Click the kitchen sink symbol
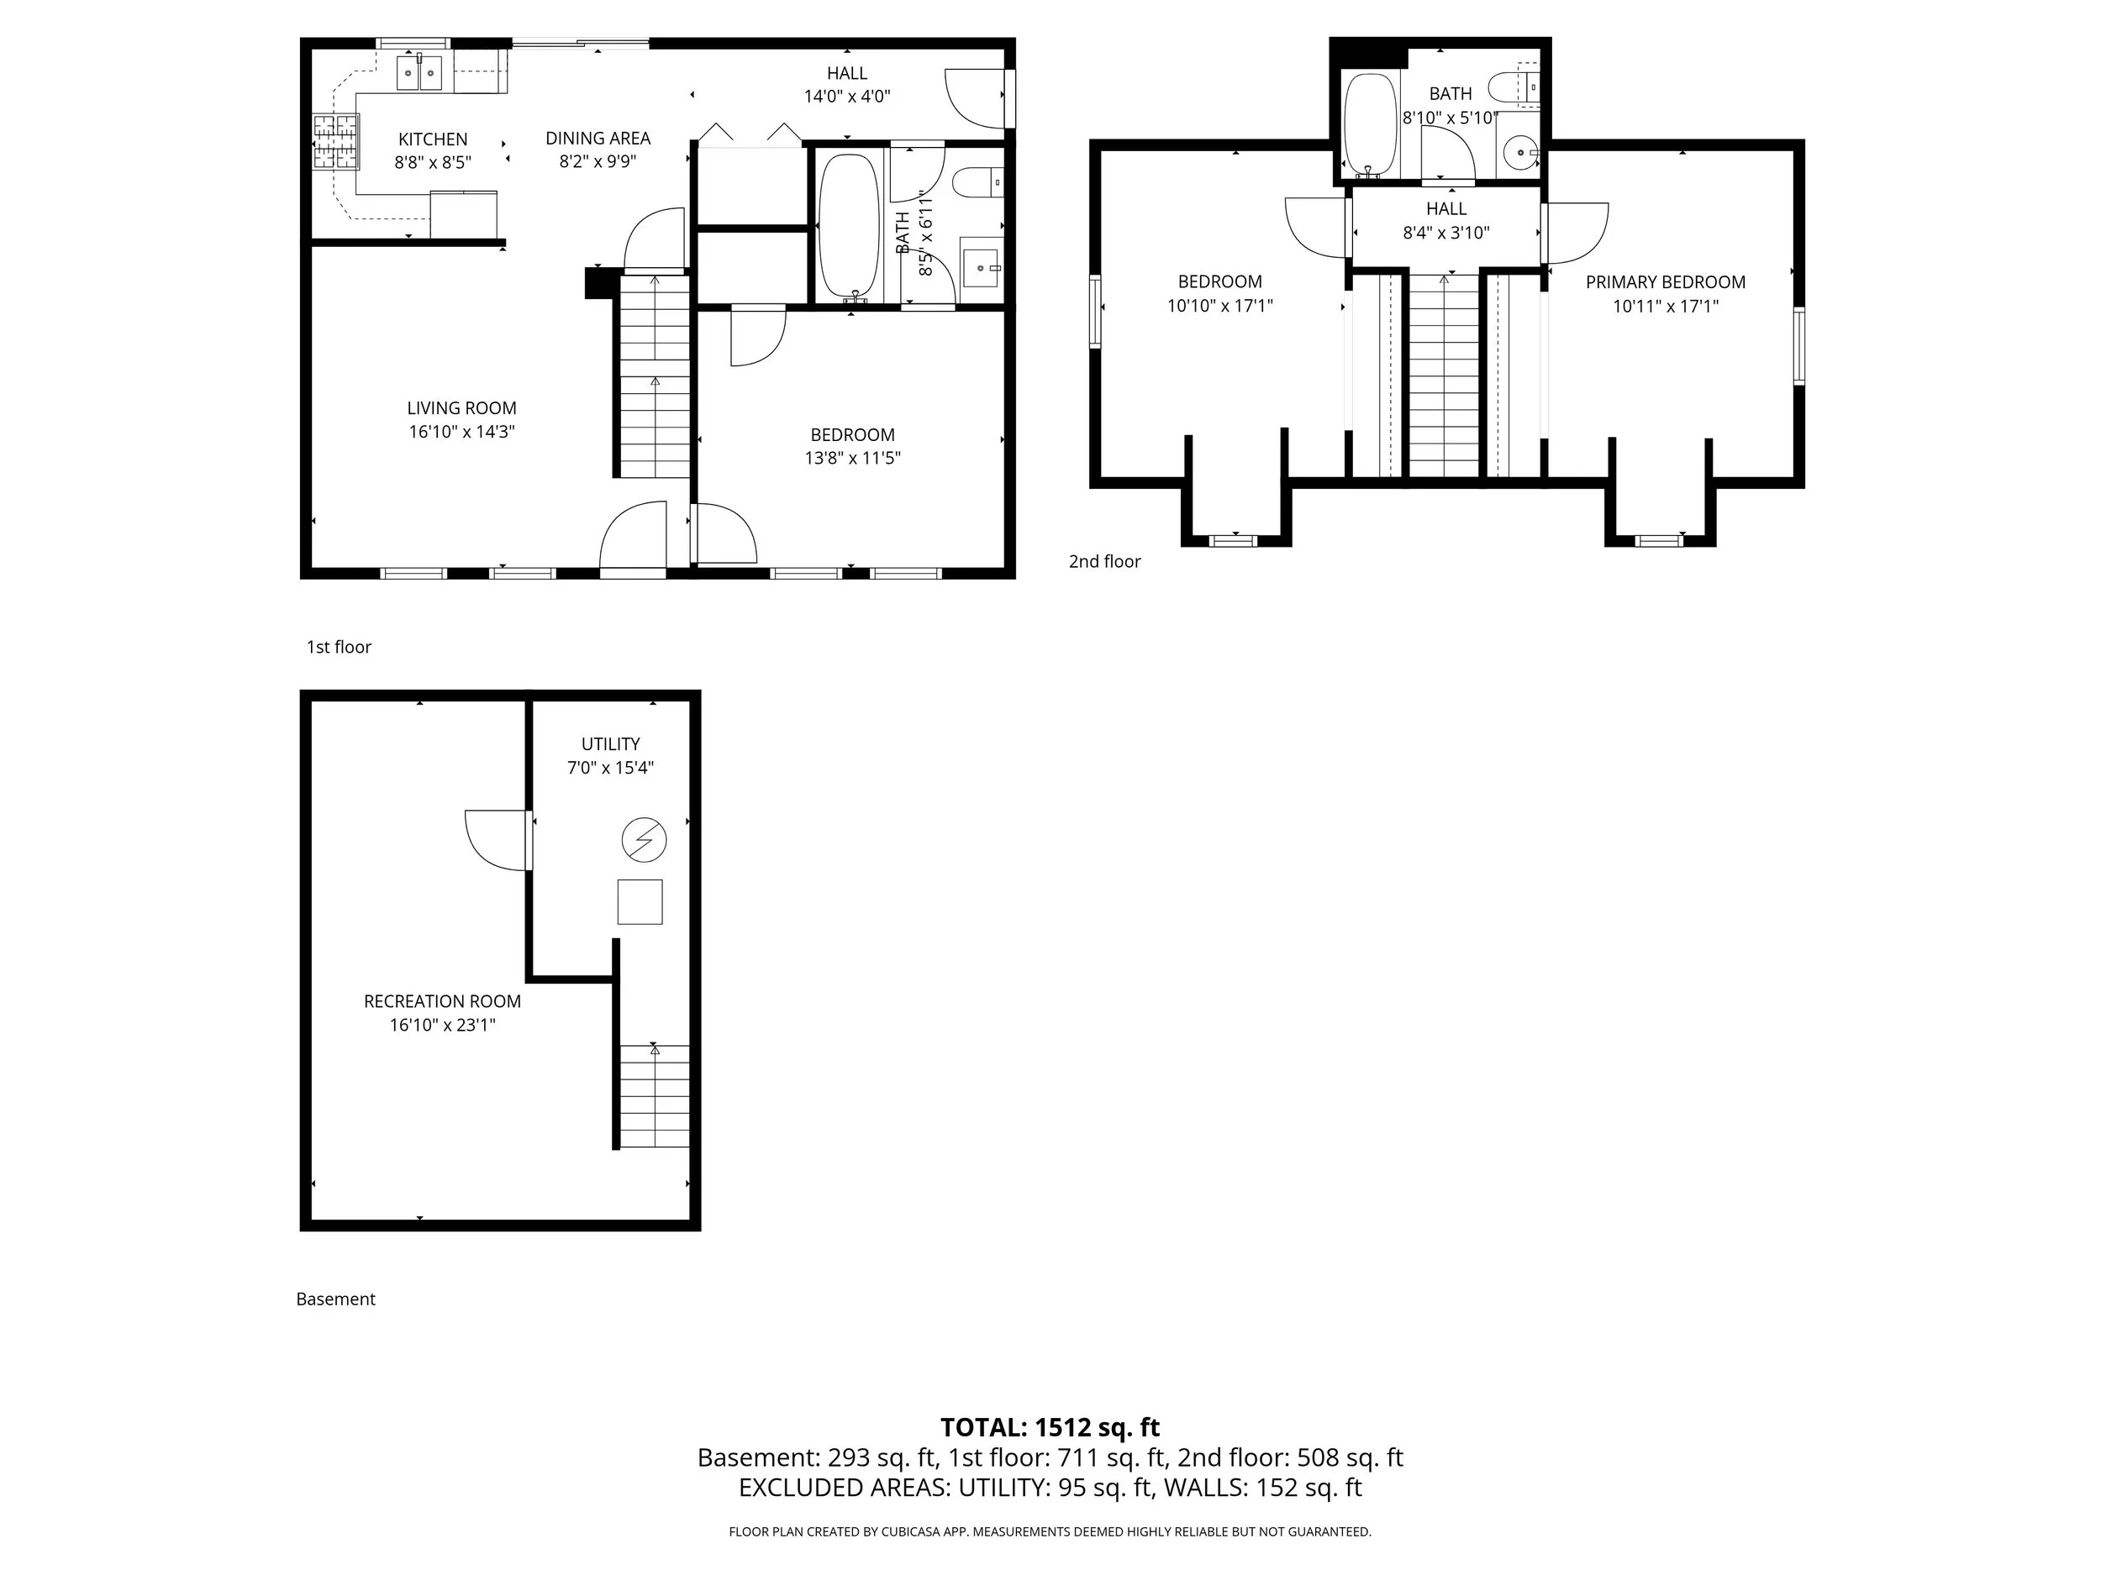(x=419, y=72)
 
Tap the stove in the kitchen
(x=335, y=141)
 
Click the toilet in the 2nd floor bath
(x=1510, y=88)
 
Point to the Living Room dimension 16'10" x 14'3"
(x=461, y=432)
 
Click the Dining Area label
(x=598, y=139)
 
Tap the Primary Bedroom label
(x=1665, y=282)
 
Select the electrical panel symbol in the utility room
(x=644, y=840)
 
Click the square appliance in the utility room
(x=640, y=902)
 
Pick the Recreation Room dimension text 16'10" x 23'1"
(x=443, y=1026)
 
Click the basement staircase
(x=655, y=1096)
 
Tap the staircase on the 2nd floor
(x=1444, y=375)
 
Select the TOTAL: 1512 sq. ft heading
(x=1050, y=1428)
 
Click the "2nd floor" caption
(x=1104, y=562)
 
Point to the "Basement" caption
(x=335, y=1299)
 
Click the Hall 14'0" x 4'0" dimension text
(x=846, y=97)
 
